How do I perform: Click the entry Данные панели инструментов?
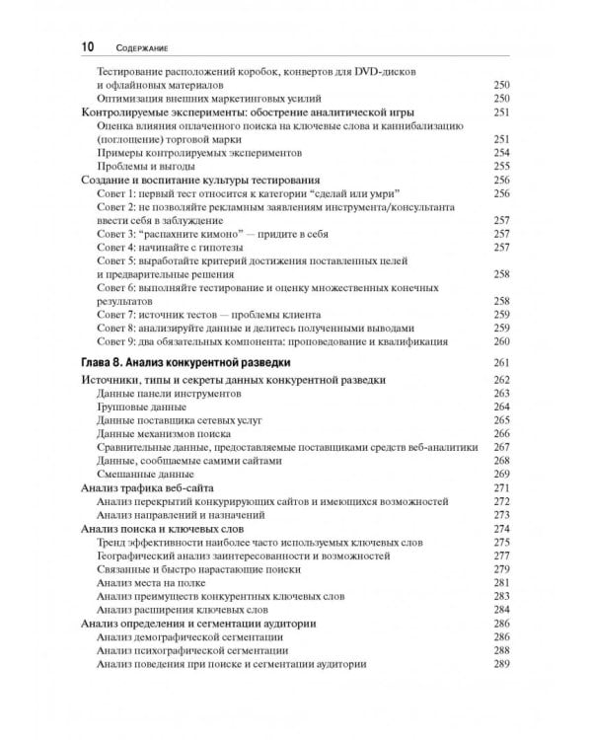tap(169, 393)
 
